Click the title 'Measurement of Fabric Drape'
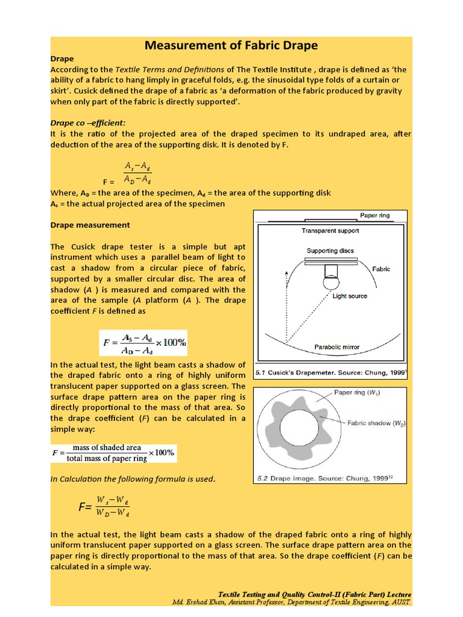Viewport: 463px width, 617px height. pyautogui.click(x=231, y=46)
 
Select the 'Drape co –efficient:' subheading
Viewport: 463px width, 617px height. pyautogui.click(x=88, y=123)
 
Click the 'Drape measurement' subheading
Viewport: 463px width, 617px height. pyautogui.click(x=90, y=225)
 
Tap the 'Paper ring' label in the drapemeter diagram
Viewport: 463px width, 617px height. pyautogui.click(x=374, y=215)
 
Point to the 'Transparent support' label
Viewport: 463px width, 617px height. pyautogui.click(x=330, y=231)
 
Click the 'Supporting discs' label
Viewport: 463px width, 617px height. pyautogui.click(x=330, y=251)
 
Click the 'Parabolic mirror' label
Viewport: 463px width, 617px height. pyautogui.click(x=337, y=347)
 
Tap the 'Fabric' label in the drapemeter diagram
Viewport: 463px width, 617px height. pyautogui.click(x=381, y=269)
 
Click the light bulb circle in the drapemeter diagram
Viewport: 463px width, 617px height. pyautogui.click(x=330, y=282)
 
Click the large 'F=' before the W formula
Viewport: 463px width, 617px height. pyautogui.click(x=84, y=507)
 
